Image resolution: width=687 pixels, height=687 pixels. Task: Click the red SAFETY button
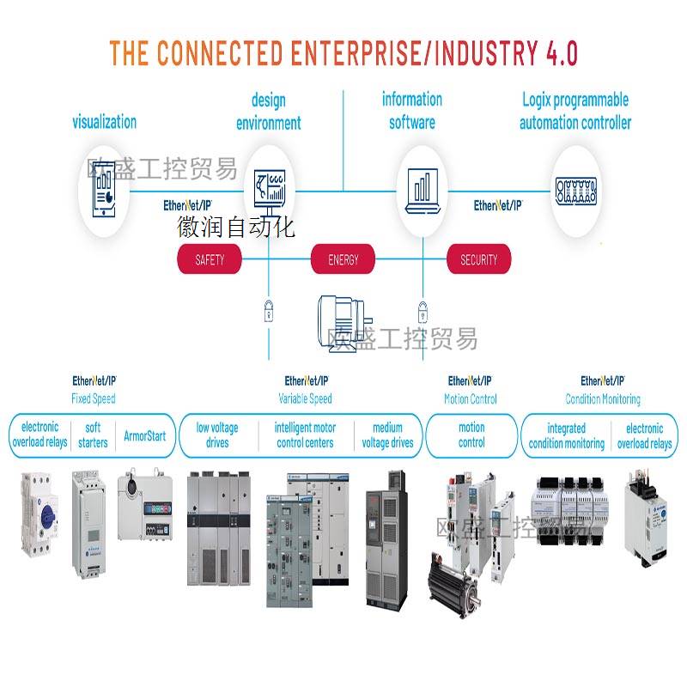coord(210,259)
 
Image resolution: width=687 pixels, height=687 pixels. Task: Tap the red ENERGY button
coord(343,259)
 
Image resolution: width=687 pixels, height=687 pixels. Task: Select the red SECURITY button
coord(478,259)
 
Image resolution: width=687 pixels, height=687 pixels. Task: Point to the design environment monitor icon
coord(270,190)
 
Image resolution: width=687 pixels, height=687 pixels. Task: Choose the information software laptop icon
coord(421,190)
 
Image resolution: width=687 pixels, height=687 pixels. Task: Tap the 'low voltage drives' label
coord(217,435)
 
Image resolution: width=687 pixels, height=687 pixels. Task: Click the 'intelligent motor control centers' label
coord(305,435)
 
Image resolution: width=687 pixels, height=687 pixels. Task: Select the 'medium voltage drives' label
coord(387,435)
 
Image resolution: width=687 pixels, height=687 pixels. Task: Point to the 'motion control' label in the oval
coord(471,435)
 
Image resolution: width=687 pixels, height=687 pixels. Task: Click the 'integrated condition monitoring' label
coord(566,435)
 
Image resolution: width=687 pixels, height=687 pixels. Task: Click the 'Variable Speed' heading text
coord(305,398)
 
